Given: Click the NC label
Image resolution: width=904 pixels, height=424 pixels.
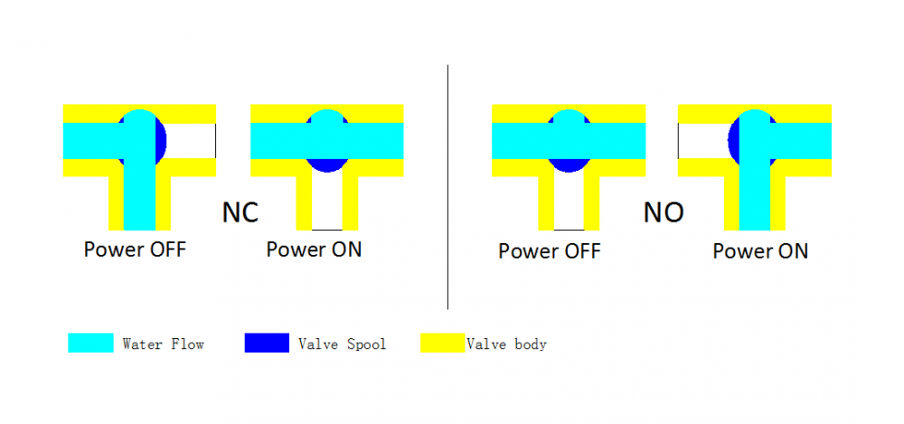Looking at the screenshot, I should [x=240, y=212].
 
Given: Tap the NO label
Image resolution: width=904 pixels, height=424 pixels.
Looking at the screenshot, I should [x=664, y=212].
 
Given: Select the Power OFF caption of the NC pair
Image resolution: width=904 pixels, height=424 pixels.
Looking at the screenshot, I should [x=135, y=249].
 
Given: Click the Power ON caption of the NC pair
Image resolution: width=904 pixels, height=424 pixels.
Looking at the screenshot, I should [x=314, y=249].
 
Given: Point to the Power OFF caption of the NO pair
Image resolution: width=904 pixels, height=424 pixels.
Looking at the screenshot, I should [x=550, y=250].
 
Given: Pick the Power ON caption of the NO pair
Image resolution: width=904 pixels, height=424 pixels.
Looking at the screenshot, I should [x=760, y=250].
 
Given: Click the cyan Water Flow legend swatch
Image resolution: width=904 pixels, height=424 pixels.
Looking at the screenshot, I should [x=90, y=344].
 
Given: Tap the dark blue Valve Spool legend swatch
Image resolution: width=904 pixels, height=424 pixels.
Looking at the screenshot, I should [x=267, y=344].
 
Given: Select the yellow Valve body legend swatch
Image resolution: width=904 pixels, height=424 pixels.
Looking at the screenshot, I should [x=443, y=344].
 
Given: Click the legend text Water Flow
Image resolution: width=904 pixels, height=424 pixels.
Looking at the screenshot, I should [x=163, y=344].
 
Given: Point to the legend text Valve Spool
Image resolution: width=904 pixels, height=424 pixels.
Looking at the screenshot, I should [x=342, y=344].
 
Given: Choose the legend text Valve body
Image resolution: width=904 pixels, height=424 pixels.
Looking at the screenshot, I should [x=506, y=344].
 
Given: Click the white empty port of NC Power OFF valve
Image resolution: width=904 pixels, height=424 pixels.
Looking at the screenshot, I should [x=192, y=140].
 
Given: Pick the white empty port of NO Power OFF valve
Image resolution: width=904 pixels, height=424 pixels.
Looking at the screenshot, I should [x=568, y=201].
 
